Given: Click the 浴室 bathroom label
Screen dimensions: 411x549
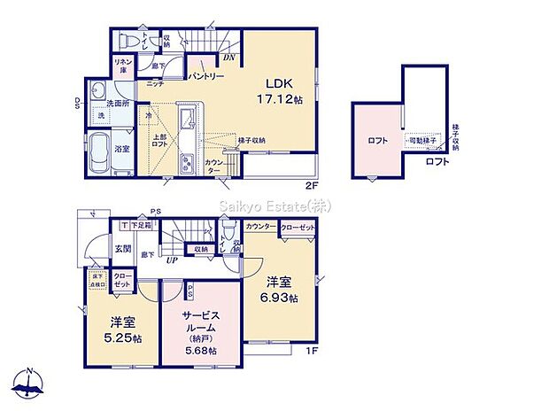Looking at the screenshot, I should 122,148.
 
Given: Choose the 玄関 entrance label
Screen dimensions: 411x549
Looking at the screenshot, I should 122,250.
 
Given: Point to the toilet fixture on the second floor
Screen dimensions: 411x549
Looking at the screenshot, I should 128,40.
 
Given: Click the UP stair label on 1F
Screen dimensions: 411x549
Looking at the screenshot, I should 172,260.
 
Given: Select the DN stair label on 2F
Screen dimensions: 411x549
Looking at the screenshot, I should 228,58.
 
